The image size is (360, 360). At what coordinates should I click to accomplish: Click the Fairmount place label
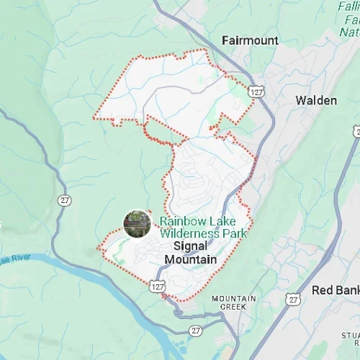click(250, 41)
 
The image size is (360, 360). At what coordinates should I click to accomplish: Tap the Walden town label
click(316, 101)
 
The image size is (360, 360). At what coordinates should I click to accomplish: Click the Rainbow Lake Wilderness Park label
click(203, 228)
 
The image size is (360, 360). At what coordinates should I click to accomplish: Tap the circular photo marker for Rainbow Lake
click(137, 223)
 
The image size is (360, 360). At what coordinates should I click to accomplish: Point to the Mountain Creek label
click(234, 302)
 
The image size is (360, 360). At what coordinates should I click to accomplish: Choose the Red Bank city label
click(335, 290)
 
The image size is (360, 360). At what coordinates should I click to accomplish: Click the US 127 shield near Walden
click(256, 92)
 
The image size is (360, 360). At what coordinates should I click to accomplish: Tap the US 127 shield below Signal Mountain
click(158, 287)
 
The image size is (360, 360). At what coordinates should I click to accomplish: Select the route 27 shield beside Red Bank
click(293, 297)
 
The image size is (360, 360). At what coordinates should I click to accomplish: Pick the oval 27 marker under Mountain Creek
click(196, 330)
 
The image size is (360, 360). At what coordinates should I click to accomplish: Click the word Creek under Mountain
click(234, 307)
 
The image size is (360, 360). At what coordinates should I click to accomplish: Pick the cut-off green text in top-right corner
click(350, 18)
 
